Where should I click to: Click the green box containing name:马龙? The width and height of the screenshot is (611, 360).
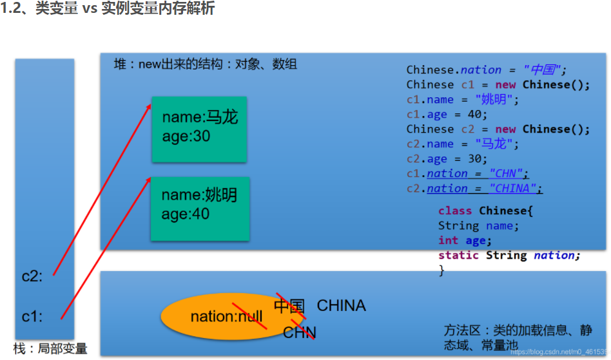click(x=200, y=129)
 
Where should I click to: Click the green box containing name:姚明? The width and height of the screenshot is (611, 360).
click(x=200, y=209)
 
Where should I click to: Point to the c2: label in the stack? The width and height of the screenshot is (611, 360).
click(x=32, y=276)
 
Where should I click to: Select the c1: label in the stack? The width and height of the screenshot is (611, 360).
click(x=32, y=316)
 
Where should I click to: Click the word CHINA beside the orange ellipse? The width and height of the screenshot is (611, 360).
click(x=341, y=305)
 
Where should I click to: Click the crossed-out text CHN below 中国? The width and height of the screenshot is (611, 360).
click(x=300, y=333)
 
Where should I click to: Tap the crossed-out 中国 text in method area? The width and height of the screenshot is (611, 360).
click(x=289, y=305)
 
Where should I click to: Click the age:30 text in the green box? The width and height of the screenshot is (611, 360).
click(x=186, y=137)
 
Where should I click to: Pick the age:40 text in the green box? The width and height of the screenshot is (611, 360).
click(x=186, y=214)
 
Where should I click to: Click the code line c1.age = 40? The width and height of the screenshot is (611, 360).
click(x=447, y=114)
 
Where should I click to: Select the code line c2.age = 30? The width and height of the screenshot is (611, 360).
click(x=447, y=158)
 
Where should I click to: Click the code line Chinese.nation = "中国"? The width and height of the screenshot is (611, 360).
click(x=486, y=70)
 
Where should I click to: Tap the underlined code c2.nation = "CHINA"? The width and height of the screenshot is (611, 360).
click(x=474, y=188)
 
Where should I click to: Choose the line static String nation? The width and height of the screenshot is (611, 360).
click(x=509, y=255)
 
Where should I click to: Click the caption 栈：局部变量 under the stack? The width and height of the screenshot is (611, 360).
click(x=50, y=348)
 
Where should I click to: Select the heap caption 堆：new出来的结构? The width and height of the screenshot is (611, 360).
click(x=205, y=64)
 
